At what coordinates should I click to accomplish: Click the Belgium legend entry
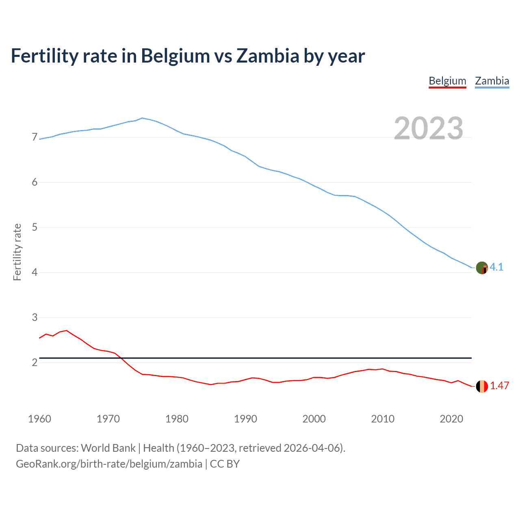(x=447, y=81)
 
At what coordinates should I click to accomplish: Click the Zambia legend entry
(x=492, y=81)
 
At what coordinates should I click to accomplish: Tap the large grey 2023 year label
(x=429, y=128)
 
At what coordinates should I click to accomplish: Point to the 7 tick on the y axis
(x=35, y=137)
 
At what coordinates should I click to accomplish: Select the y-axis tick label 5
(x=35, y=227)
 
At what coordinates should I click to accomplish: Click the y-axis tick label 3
(x=35, y=317)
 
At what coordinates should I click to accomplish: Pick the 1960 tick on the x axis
(x=39, y=419)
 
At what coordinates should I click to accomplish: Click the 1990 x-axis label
(x=245, y=419)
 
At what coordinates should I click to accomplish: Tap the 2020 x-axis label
(x=451, y=419)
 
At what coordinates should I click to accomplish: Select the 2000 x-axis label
(x=314, y=419)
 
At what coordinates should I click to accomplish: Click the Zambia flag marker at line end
(x=482, y=268)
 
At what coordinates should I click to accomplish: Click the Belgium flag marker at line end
(x=482, y=386)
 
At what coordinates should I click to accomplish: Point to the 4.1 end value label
(x=496, y=267)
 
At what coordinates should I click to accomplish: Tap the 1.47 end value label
(x=499, y=386)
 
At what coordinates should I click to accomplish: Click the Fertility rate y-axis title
(x=17, y=252)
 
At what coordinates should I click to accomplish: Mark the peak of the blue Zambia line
(x=142, y=118)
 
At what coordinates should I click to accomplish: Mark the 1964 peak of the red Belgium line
(x=67, y=330)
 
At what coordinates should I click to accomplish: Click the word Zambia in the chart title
(x=268, y=56)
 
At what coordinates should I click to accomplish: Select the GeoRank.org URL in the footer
(x=109, y=464)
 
